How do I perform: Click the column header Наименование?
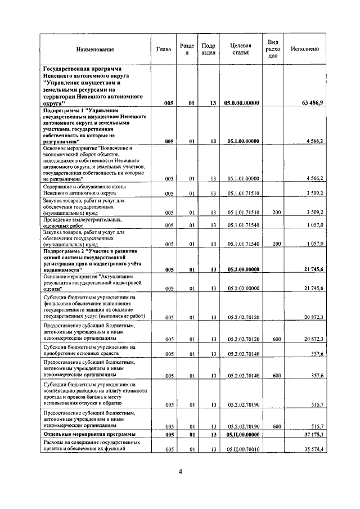click(x=95, y=49)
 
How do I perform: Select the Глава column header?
click(x=164, y=49)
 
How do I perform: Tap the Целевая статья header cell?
click(x=240, y=49)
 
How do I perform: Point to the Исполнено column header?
click(x=305, y=49)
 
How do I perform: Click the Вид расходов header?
click(x=273, y=49)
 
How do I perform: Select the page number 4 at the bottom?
click(x=180, y=471)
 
